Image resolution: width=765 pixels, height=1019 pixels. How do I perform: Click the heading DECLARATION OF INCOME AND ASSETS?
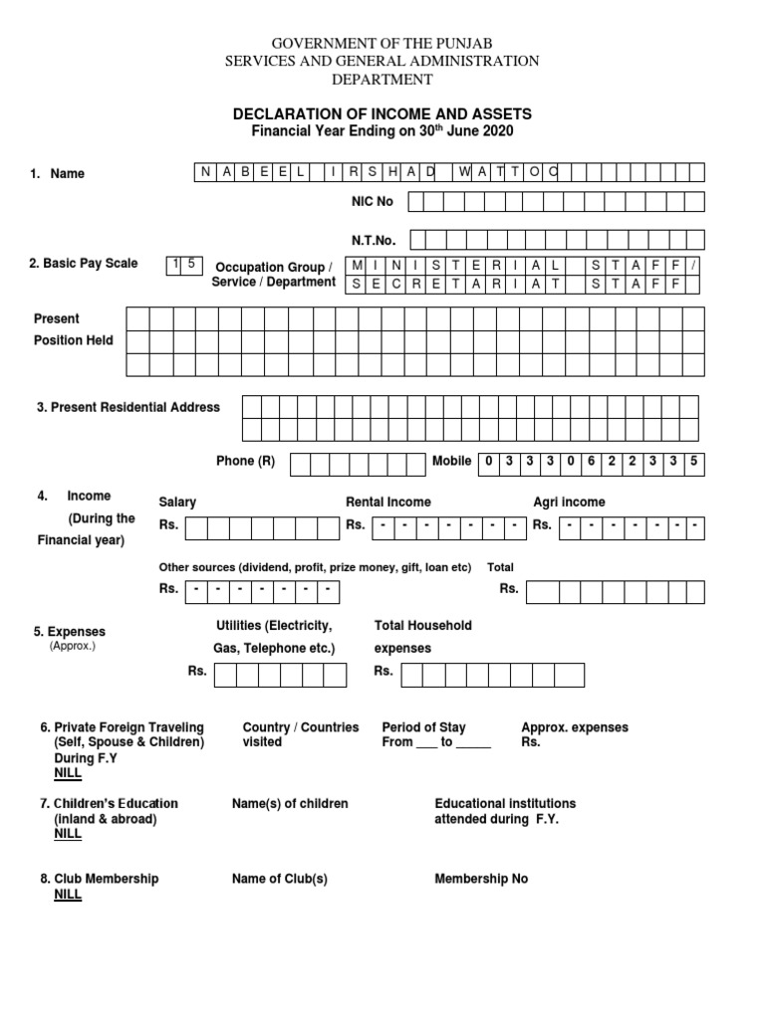click(382, 114)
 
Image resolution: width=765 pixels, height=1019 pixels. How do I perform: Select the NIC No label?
click(372, 202)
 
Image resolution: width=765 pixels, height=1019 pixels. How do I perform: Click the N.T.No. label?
click(374, 240)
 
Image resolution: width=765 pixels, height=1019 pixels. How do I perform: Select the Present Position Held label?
click(74, 329)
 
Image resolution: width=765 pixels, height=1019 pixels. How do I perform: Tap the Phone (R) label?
click(245, 462)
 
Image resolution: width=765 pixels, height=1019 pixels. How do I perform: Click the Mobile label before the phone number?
click(451, 462)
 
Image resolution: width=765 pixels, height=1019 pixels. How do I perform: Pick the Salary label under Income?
click(177, 503)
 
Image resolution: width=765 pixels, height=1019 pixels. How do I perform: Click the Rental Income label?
click(387, 503)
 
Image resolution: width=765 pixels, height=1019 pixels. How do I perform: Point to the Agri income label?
click(569, 503)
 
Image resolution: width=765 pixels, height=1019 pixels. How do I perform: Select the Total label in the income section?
click(500, 567)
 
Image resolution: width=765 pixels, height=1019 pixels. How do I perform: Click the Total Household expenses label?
click(422, 637)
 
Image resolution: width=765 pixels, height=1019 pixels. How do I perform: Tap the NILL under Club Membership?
click(68, 895)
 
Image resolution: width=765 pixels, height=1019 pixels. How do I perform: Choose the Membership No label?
click(481, 879)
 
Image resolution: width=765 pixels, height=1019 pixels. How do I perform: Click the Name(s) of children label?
click(290, 803)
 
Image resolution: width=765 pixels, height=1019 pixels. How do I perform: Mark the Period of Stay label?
click(423, 727)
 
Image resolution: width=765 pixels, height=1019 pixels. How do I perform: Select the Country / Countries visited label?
click(300, 734)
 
